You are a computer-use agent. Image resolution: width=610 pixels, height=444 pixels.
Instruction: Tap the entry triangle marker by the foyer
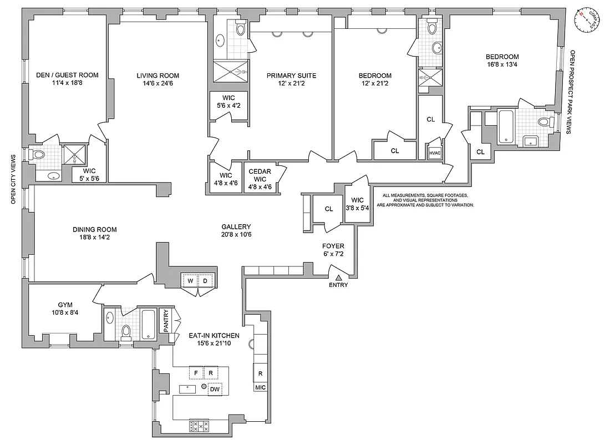[x=338, y=277]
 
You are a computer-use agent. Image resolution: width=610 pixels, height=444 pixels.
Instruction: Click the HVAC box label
[x=434, y=153]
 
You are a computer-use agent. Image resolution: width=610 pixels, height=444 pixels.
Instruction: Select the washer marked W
[x=190, y=281]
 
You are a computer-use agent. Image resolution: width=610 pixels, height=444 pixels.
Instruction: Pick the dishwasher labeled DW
[x=213, y=390]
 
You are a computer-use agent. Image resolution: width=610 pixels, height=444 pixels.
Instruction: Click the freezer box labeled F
[x=196, y=372]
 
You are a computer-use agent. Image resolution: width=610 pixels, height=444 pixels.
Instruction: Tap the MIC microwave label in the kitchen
[x=261, y=387]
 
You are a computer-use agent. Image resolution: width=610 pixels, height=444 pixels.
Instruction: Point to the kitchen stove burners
[x=199, y=426]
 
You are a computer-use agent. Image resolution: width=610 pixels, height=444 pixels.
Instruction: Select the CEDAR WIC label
[x=260, y=175]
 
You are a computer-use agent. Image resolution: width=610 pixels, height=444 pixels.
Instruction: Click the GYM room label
[x=65, y=305]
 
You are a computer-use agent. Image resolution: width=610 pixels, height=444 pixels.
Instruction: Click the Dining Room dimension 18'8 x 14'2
[x=94, y=238]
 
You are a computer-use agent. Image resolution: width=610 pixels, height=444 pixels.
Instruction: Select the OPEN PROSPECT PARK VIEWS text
[x=573, y=92]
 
